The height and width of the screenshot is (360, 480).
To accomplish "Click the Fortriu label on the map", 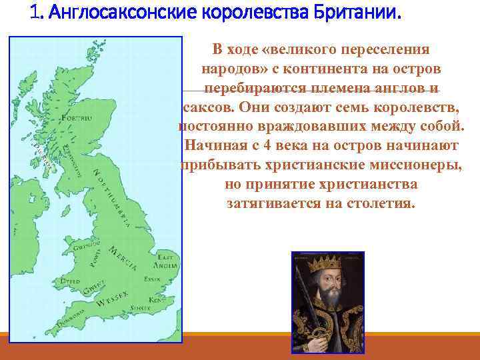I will (x=75, y=118).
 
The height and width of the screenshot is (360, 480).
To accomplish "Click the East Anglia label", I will (x=165, y=261).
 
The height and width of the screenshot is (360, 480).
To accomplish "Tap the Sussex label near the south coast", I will (x=141, y=307).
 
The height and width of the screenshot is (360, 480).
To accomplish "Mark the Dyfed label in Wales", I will (x=69, y=282).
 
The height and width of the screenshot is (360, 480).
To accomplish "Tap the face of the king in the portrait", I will (x=327, y=280).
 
